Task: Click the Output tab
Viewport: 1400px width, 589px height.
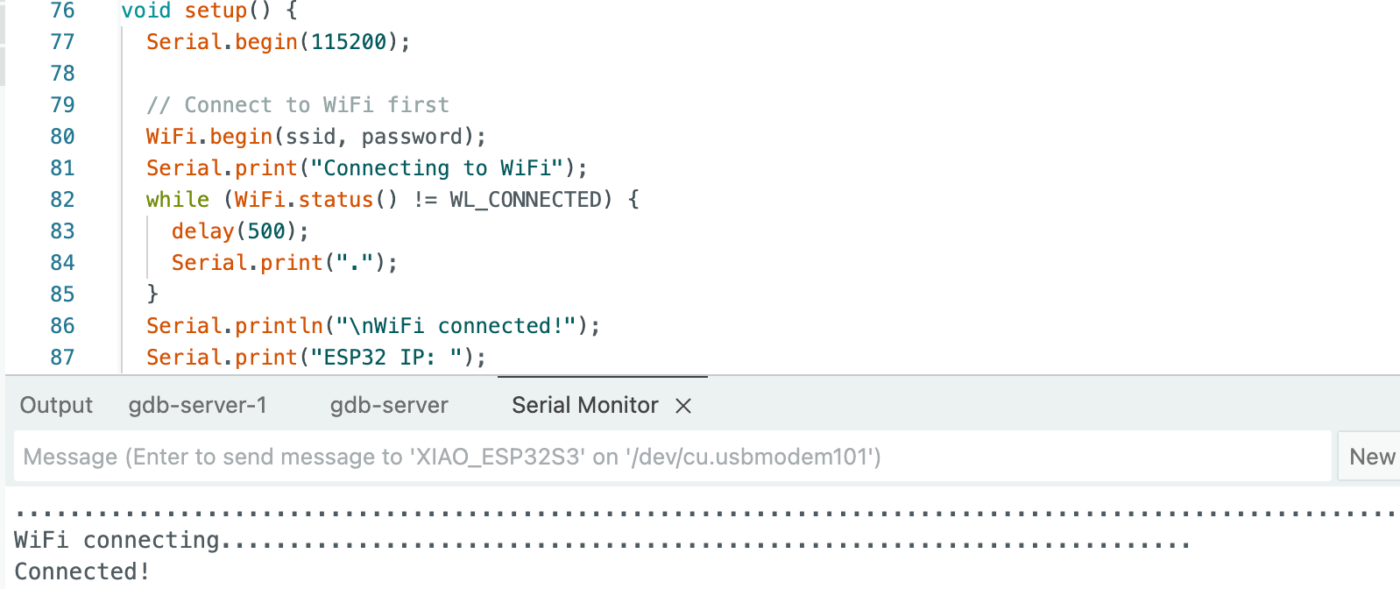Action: click(56, 405)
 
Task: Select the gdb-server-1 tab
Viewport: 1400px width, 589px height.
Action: click(197, 405)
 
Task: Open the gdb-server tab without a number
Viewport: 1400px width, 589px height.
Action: click(389, 405)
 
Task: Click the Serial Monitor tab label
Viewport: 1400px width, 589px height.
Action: click(584, 405)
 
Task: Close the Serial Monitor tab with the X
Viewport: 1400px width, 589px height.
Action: click(683, 406)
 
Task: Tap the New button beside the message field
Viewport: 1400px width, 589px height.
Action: click(1371, 457)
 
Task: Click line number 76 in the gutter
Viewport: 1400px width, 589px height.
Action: click(63, 11)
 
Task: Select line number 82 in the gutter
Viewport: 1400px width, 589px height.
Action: click(63, 200)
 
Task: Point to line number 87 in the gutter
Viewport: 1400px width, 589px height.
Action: click(63, 358)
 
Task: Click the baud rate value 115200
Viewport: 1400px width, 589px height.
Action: click(349, 42)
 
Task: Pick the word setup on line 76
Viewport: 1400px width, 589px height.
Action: click(216, 11)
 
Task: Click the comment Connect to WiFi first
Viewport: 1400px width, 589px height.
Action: click(298, 105)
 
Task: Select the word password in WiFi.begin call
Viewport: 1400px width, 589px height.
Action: click(412, 137)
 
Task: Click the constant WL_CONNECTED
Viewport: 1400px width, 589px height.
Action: click(526, 200)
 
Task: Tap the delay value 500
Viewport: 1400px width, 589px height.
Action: click(266, 231)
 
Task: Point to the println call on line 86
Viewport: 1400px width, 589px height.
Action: click(279, 326)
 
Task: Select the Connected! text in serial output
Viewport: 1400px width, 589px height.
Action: click(81, 571)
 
